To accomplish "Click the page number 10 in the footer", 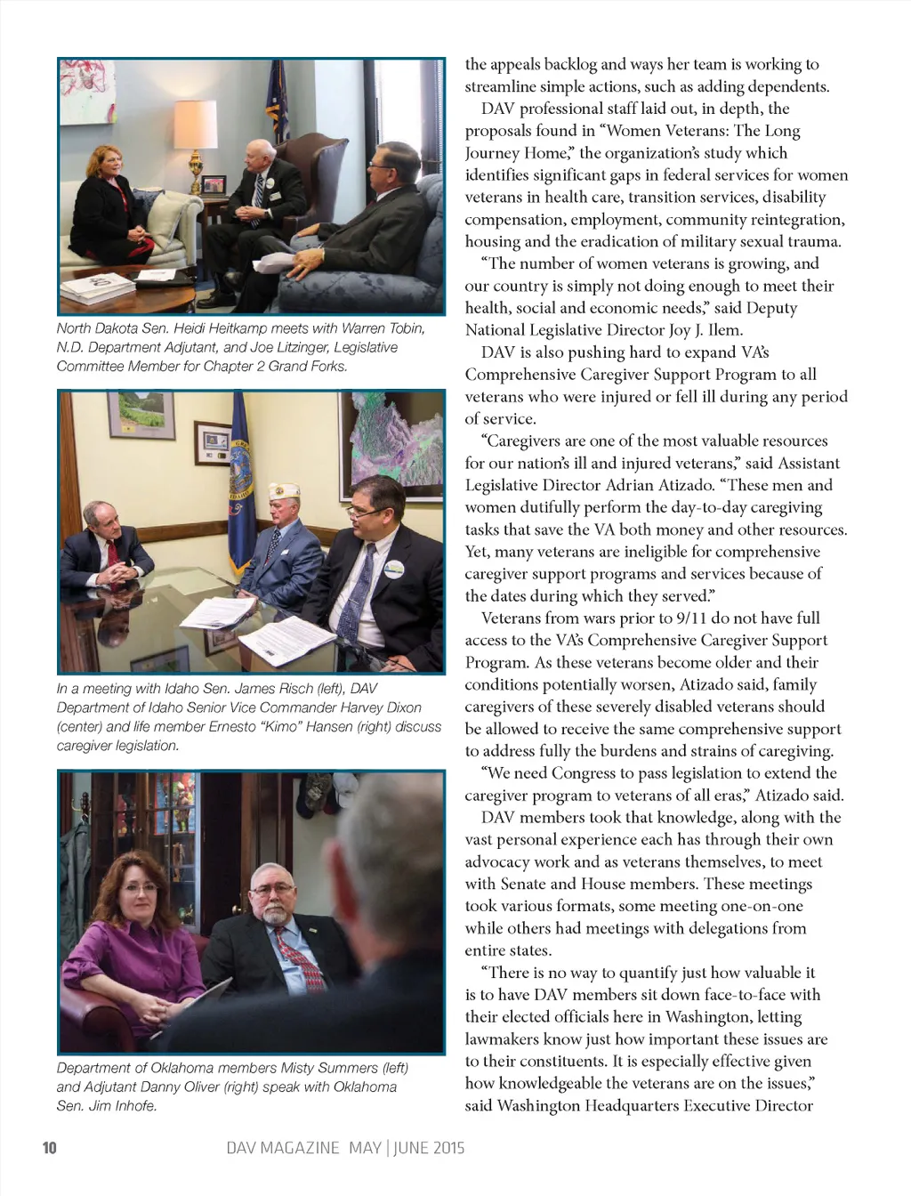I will click(x=50, y=1147).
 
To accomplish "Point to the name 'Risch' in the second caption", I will click(x=266, y=688).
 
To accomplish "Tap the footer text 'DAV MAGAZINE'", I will click(x=283, y=1147).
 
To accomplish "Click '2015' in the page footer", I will click(x=447, y=1147).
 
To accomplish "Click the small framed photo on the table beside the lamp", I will click(x=214, y=185).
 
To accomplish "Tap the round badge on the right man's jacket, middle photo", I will click(x=393, y=569).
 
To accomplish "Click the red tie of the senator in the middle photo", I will click(x=113, y=552).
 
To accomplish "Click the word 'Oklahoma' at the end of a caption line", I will click(x=366, y=1087).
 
